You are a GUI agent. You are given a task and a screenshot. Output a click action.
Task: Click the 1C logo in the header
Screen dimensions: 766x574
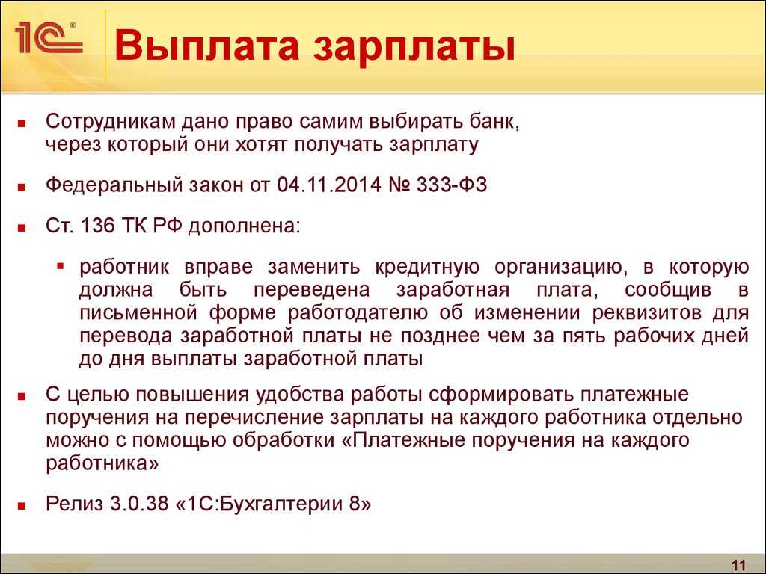pyautogui.click(x=49, y=38)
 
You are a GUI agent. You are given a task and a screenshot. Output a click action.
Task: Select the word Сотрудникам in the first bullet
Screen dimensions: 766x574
pyautogui.click(x=110, y=121)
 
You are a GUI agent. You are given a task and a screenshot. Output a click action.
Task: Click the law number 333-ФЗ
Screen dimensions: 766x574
pyautogui.click(x=452, y=185)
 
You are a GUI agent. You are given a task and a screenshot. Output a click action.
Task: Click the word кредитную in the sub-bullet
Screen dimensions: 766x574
pyautogui.click(x=427, y=268)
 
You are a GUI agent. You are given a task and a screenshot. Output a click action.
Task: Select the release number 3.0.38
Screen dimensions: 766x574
pyautogui.click(x=139, y=504)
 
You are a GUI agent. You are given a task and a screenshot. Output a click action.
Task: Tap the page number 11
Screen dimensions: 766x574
pyautogui.click(x=738, y=565)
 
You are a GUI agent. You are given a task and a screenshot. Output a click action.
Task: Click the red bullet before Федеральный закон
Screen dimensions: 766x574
pyautogui.click(x=21, y=187)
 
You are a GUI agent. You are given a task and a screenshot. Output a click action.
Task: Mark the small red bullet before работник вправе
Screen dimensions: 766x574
pyautogui.click(x=61, y=267)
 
